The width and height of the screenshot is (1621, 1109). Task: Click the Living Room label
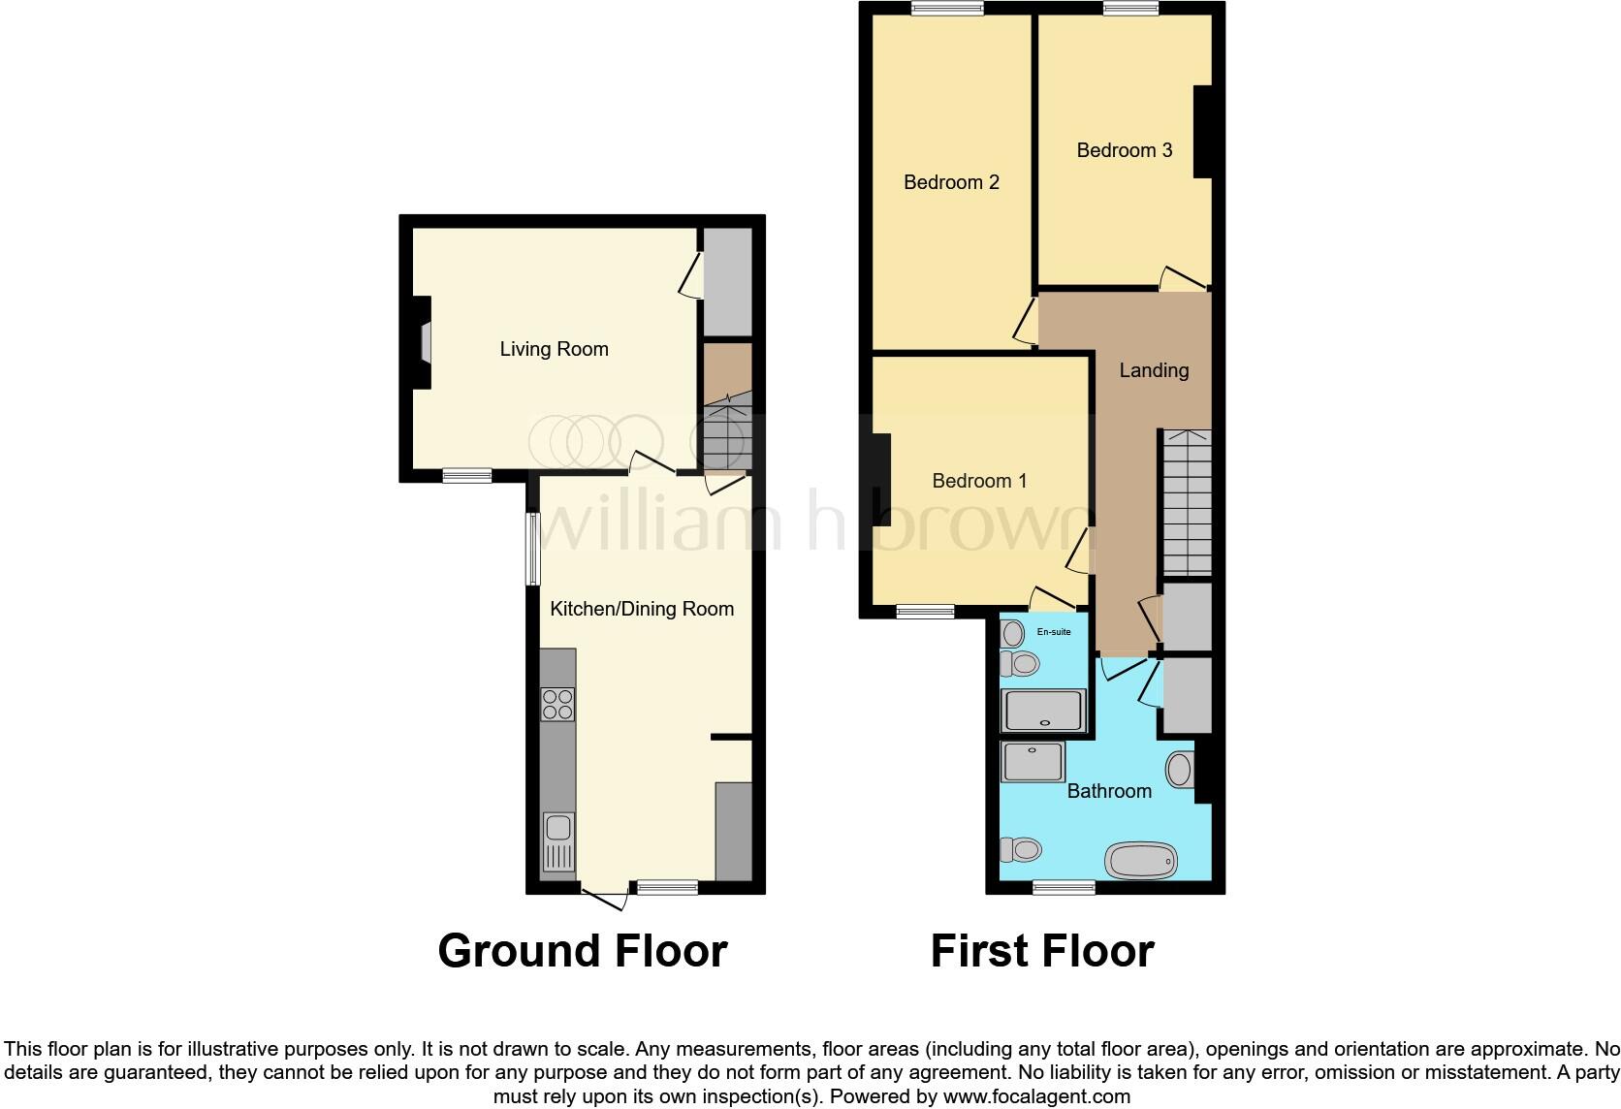554,349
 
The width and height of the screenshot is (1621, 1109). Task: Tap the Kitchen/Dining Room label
642,609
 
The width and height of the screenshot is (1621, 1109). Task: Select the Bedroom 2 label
951,182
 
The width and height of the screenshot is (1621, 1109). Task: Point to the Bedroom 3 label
1124,150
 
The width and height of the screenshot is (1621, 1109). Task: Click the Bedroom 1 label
979,481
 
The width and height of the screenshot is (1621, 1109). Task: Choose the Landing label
1153,370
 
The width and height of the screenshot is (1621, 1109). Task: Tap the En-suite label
1054,632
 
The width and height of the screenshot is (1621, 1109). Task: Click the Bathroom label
1109,791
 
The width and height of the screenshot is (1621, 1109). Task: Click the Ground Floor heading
582,951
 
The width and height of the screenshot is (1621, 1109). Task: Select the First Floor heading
1042,951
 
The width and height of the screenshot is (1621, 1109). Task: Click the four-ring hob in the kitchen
557,704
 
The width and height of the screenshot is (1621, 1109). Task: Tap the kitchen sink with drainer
558,840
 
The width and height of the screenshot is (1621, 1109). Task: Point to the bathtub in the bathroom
1141,859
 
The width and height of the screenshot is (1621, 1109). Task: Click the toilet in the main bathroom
1021,850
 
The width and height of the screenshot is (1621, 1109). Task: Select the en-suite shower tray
1043,710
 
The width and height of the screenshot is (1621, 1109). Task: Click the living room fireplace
424,342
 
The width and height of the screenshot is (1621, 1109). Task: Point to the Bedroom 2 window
947,9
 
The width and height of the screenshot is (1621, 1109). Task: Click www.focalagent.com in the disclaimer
1036,1097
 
